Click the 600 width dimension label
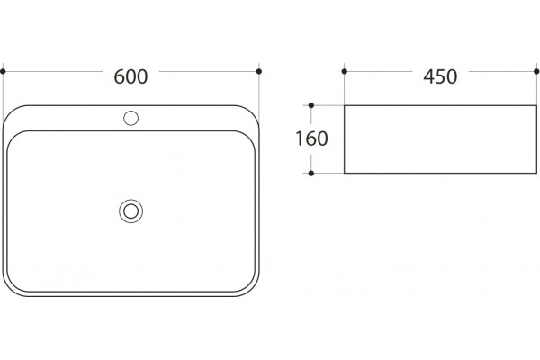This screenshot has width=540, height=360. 130,76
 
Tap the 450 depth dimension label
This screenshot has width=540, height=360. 440,76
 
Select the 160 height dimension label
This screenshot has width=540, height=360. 311,139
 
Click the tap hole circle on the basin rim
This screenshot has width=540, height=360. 130,118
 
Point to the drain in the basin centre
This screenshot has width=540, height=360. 130,211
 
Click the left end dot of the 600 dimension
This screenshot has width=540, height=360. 3,71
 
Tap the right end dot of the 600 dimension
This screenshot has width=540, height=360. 259,71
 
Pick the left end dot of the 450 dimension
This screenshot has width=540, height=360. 345,71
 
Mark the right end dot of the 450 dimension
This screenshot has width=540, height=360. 536,71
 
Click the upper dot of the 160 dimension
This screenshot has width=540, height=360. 311,105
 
